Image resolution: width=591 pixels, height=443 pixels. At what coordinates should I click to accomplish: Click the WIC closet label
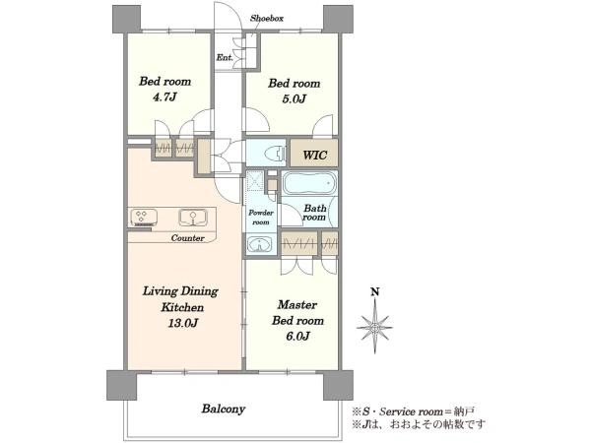[315, 155]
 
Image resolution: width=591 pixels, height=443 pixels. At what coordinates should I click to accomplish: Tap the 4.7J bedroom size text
[164, 97]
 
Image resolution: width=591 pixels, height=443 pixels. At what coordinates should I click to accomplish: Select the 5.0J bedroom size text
[294, 98]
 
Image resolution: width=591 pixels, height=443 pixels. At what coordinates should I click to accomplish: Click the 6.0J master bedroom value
[297, 336]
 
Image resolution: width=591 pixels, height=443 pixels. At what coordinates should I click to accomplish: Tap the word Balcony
[224, 409]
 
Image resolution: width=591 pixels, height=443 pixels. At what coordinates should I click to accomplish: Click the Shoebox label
[267, 18]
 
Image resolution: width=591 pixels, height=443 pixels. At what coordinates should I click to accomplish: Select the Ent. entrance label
[225, 58]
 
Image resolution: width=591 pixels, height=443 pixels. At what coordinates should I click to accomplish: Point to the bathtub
[309, 183]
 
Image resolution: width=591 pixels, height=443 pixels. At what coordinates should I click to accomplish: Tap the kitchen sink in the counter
[193, 217]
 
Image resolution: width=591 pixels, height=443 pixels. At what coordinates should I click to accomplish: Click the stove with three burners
[143, 218]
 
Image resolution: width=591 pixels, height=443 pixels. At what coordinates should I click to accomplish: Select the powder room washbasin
[260, 243]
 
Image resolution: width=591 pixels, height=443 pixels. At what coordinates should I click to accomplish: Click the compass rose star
[374, 327]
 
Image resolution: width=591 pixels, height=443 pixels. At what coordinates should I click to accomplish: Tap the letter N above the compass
[374, 292]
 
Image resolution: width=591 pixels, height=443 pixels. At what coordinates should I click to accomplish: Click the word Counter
[188, 238]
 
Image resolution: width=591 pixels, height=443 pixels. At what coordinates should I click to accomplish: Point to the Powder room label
[260, 218]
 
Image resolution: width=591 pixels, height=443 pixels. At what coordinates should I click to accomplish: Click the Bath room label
[314, 213]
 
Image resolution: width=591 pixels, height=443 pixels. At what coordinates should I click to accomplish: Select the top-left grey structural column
[127, 20]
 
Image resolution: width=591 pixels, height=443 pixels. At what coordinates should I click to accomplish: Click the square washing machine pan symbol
[255, 180]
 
